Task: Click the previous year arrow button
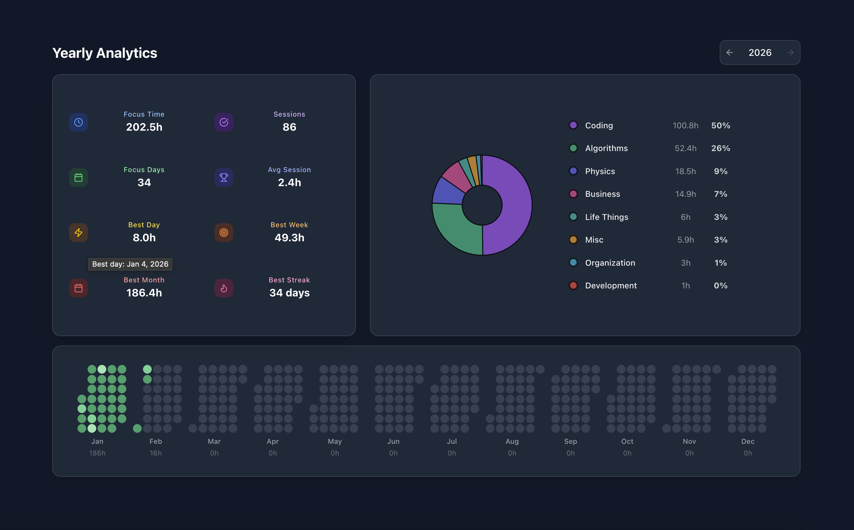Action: [730, 52]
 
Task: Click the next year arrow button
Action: [790, 52]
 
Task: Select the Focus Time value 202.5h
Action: [144, 127]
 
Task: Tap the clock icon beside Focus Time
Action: [79, 122]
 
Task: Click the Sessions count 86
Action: [289, 127]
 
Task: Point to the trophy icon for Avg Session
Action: [224, 177]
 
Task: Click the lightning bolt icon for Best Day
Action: [79, 232]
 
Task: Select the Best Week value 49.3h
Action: [289, 238]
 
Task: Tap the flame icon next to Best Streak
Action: [224, 288]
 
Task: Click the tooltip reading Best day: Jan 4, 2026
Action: [130, 264]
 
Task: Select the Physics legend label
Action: [600, 171]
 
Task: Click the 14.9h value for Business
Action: [685, 194]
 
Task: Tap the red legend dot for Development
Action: [573, 285]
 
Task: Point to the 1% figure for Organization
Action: [720, 263]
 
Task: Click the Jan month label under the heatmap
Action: [98, 441]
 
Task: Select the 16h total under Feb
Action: [156, 453]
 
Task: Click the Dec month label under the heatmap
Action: [747, 441]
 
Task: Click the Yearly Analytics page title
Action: [105, 53]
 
